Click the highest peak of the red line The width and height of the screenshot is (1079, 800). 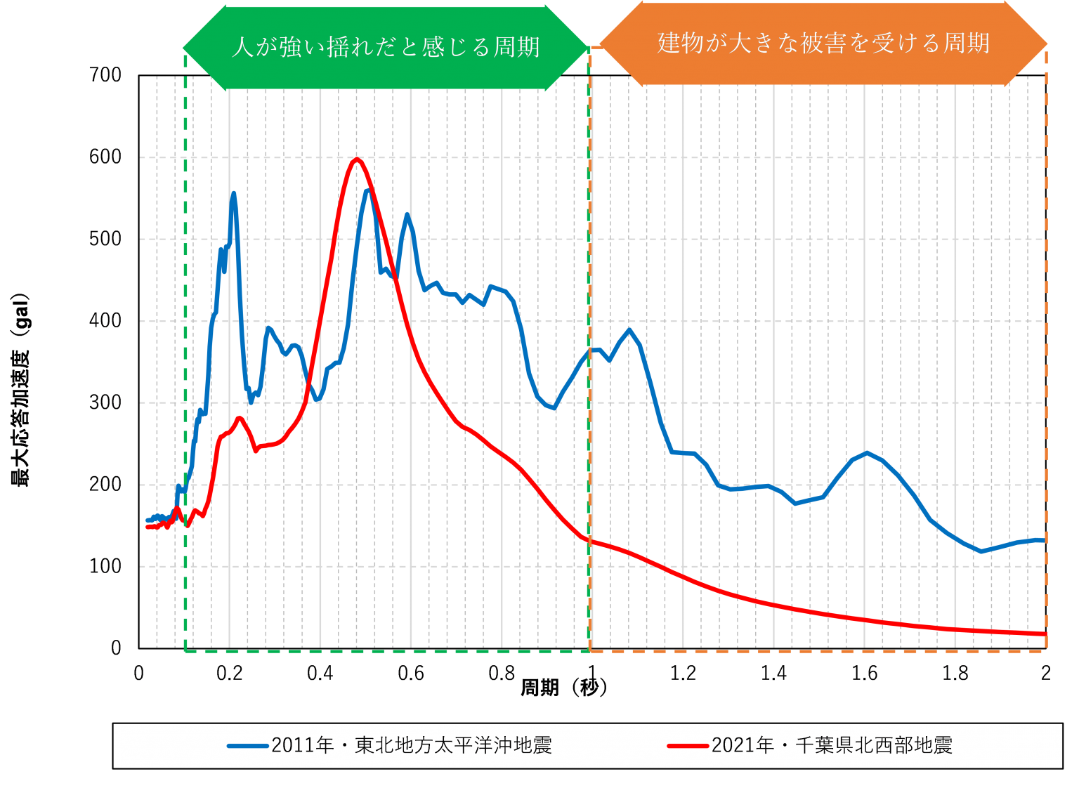(356, 159)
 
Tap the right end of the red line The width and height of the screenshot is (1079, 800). (1046, 634)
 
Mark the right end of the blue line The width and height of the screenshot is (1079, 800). (1046, 541)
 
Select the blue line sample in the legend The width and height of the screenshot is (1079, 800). (248, 745)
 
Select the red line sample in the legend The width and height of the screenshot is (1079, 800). (688, 745)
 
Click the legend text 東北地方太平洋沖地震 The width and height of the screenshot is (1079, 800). (453, 745)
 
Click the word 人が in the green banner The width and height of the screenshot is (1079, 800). (254, 47)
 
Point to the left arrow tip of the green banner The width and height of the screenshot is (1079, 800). (183, 48)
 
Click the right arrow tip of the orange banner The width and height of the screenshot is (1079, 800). (1047, 44)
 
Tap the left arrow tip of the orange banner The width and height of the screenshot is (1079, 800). (599, 44)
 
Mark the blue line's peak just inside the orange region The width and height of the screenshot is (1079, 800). (629, 329)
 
